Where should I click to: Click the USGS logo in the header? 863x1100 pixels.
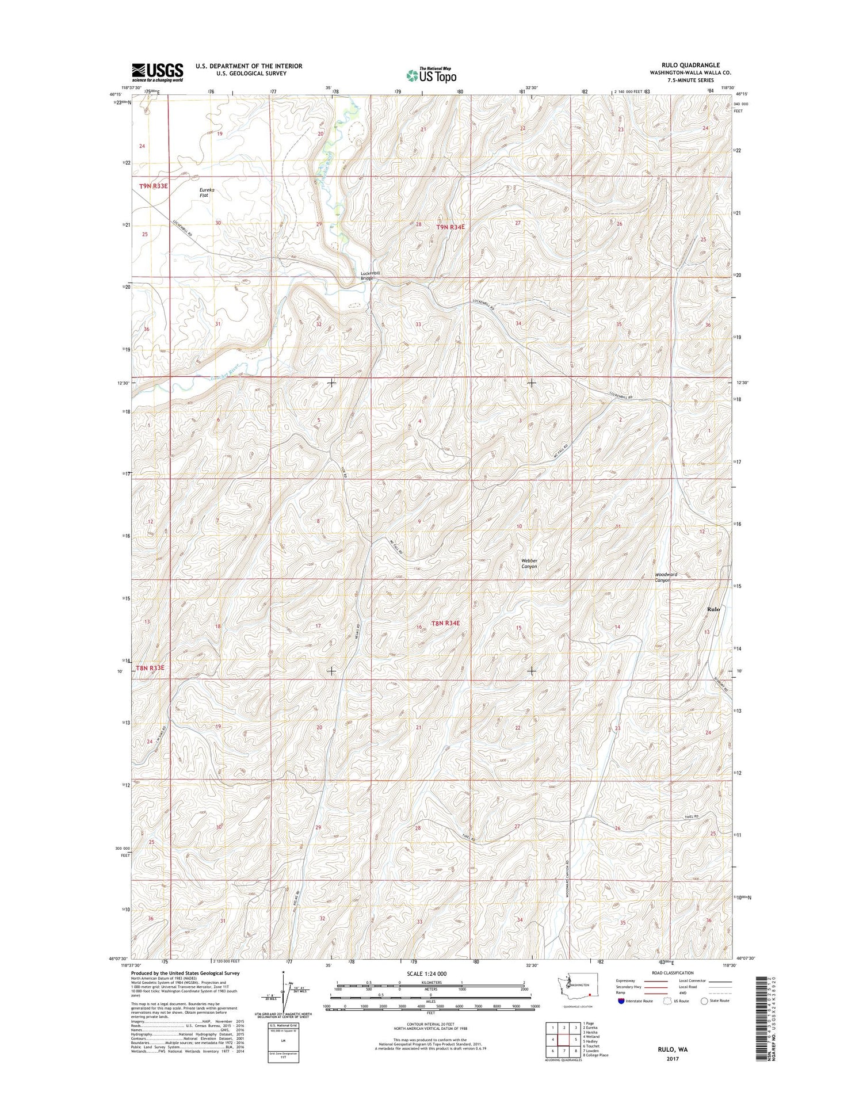tap(157, 72)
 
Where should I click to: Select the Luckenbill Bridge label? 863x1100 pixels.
tap(368, 275)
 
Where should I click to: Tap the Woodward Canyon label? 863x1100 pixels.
tap(666, 577)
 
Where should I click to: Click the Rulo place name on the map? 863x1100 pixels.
tap(713, 609)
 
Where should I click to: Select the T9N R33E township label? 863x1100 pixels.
tap(154, 186)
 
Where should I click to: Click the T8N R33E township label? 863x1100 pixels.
tap(150, 668)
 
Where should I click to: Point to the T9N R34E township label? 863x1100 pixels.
tap(450, 227)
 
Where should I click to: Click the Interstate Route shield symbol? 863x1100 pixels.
tap(620, 1001)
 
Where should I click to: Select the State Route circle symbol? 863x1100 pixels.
tap(704, 1001)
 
